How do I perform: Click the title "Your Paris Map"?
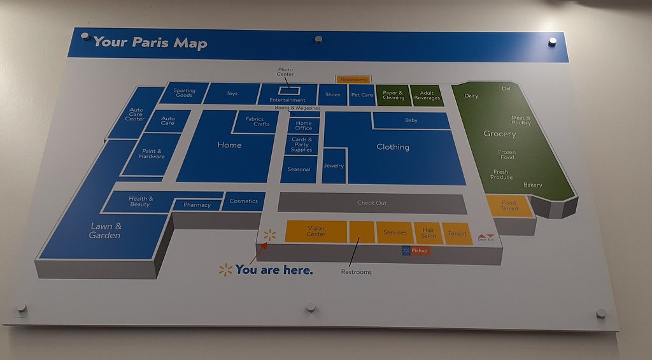(x=150, y=43)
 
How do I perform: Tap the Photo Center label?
(x=285, y=71)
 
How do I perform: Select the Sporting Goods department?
(x=184, y=93)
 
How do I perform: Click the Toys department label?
(x=232, y=94)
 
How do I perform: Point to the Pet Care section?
(x=362, y=95)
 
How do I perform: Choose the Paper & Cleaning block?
(x=393, y=96)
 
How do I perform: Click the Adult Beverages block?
(x=427, y=96)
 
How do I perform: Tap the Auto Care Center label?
(x=136, y=114)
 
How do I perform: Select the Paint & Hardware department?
(x=152, y=154)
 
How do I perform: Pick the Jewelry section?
(x=334, y=166)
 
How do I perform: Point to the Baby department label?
(x=411, y=120)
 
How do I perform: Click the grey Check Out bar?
(x=372, y=203)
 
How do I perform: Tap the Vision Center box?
(x=316, y=231)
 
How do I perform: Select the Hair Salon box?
(x=429, y=233)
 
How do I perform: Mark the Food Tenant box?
(x=509, y=206)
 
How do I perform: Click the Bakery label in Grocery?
(x=533, y=185)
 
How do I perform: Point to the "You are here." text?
(x=274, y=270)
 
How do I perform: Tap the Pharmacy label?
(x=197, y=205)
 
